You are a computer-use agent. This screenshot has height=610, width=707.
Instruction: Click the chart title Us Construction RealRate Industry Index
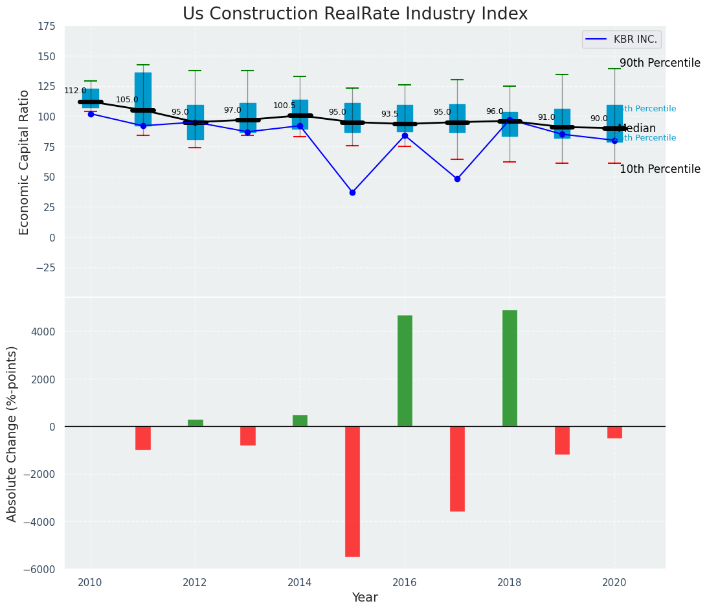pos(355,14)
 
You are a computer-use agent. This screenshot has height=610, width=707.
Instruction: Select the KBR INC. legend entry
pos(622,40)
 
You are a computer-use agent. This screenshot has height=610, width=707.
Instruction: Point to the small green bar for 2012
pos(195,423)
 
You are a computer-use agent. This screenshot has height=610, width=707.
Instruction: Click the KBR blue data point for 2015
pos(352,192)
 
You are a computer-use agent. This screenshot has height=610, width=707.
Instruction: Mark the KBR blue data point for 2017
pos(457,179)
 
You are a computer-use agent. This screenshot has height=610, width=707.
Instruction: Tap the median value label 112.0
pos(75,91)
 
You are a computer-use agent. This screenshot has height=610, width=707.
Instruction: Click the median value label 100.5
pos(284,106)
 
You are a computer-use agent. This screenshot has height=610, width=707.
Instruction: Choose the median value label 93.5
pos(390,114)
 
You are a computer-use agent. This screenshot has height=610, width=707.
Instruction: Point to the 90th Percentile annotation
pos(660,63)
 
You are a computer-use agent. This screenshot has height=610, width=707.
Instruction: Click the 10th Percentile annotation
pos(660,169)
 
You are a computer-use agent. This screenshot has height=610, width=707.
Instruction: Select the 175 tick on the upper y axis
pos(46,26)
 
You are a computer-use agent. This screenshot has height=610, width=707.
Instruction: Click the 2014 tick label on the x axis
pos(300,582)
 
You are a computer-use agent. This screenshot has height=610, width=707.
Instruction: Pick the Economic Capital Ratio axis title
pos(25,162)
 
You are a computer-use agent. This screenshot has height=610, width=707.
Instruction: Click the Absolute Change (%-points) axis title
pos(12,433)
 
